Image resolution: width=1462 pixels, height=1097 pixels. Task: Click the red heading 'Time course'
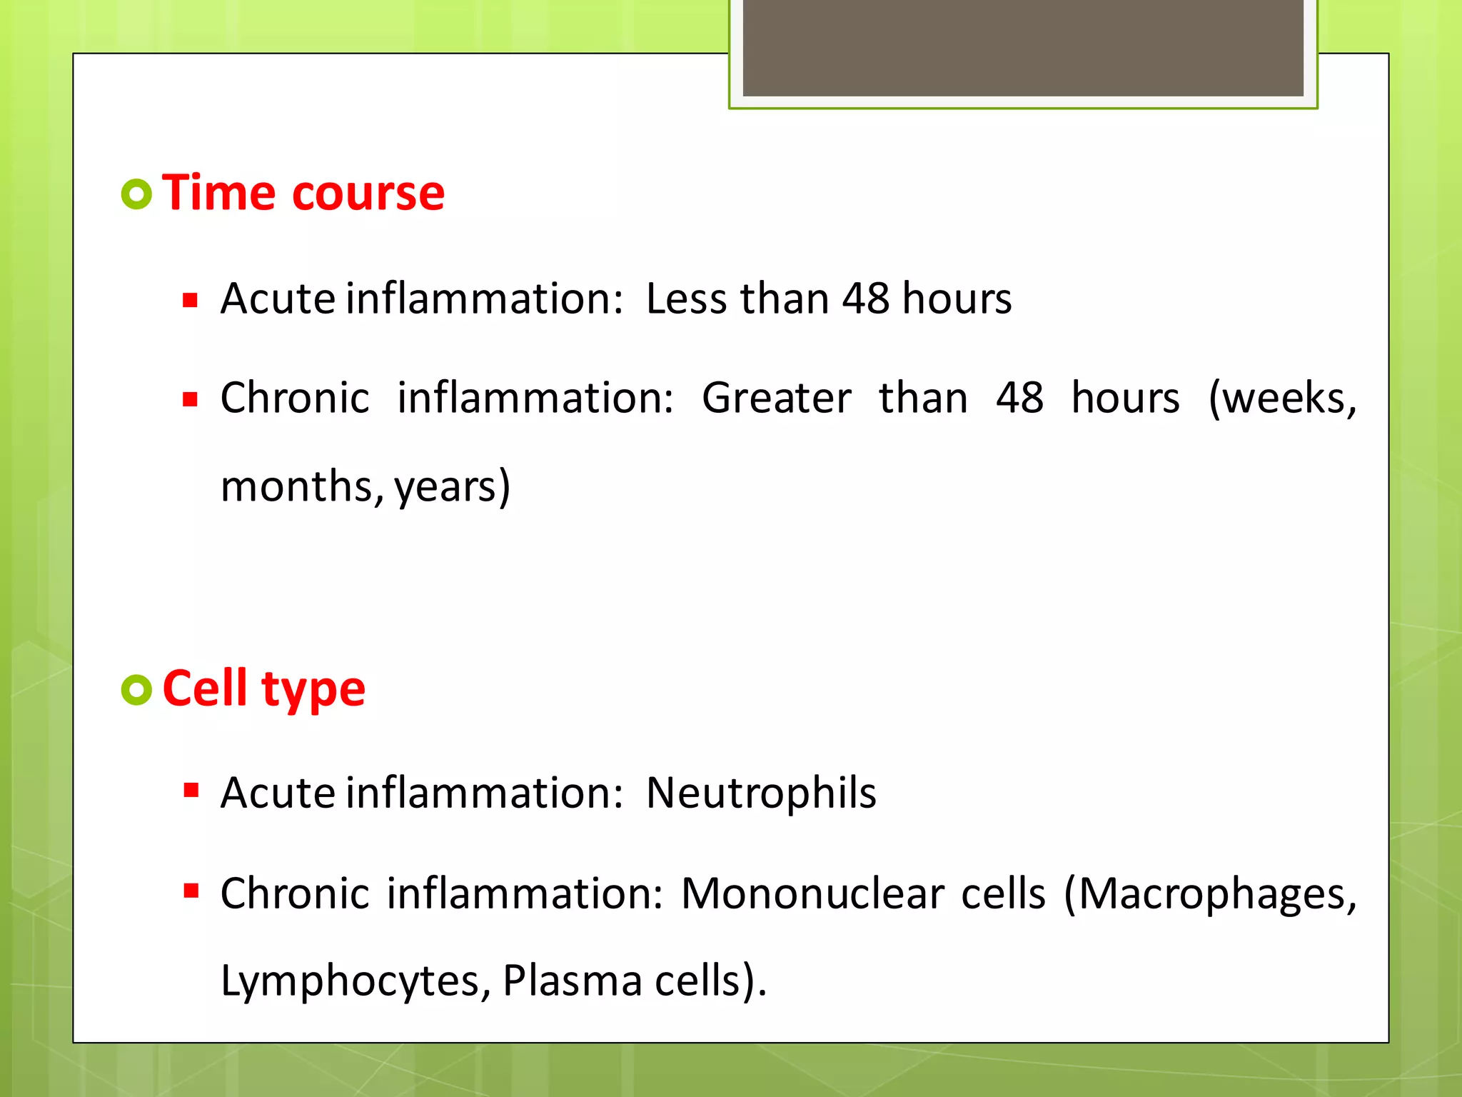point(303,194)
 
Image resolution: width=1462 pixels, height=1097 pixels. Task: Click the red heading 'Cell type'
point(263,689)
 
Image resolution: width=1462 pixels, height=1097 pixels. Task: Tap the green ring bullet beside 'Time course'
point(136,194)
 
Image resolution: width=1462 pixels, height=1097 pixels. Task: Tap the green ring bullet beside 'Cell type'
point(136,690)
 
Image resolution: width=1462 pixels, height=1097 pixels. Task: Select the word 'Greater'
point(776,398)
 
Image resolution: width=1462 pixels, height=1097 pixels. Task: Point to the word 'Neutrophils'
point(761,793)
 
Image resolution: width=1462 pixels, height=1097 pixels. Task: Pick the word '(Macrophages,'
point(1210,893)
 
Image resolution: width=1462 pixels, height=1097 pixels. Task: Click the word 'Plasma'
point(572,981)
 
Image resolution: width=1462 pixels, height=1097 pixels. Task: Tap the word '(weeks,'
point(1282,398)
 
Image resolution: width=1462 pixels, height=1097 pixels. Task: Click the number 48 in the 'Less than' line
point(865,299)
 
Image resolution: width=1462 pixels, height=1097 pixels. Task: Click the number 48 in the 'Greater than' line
point(1019,398)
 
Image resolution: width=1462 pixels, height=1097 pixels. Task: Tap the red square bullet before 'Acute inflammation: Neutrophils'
point(191,790)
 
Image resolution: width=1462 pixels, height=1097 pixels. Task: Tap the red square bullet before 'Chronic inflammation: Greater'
point(190,399)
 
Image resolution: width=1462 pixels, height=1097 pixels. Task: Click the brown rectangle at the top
point(1023,48)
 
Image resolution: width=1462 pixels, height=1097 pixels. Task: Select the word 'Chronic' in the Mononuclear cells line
point(295,893)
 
